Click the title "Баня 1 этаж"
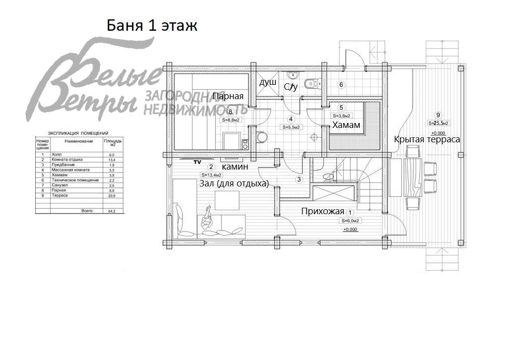[x=152, y=25]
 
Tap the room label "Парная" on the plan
[x=228, y=96]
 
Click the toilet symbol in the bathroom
[x=311, y=83]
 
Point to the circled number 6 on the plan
[x=341, y=85]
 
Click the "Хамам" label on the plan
[x=346, y=125]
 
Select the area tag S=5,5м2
[x=292, y=127]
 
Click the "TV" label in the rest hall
[x=197, y=162]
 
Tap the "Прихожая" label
[x=322, y=211]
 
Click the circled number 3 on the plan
[x=299, y=179]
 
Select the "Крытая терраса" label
[x=427, y=139]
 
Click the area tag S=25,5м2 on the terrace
[x=438, y=123]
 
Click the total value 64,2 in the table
[x=112, y=211]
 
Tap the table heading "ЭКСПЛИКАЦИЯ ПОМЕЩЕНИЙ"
[x=78, y=133]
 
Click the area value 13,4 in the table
[x=112, y=160]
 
